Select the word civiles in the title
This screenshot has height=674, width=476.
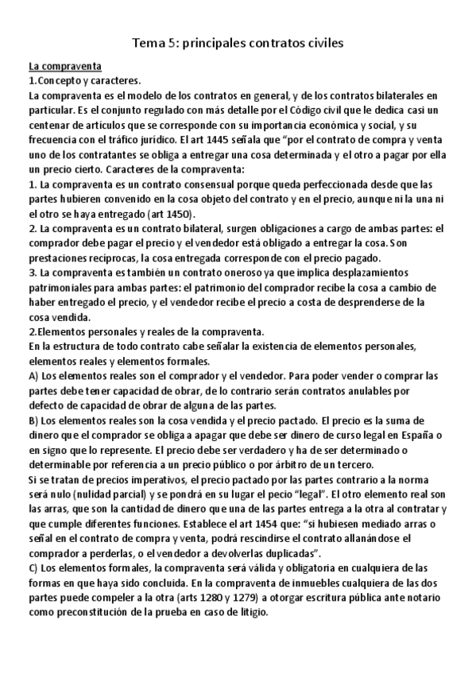[x=319, y=45]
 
